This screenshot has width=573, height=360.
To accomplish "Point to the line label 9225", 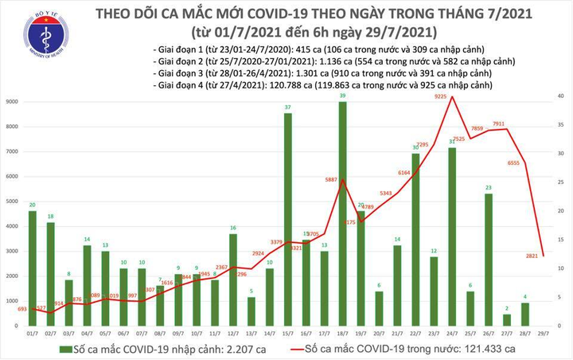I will (439, 96).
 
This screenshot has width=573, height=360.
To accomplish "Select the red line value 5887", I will (331, 179).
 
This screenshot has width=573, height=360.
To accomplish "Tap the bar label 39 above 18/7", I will (343, 96).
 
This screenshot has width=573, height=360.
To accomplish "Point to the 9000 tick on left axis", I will (14, 102).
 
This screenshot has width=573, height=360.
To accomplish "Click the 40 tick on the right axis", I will (561, 96).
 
